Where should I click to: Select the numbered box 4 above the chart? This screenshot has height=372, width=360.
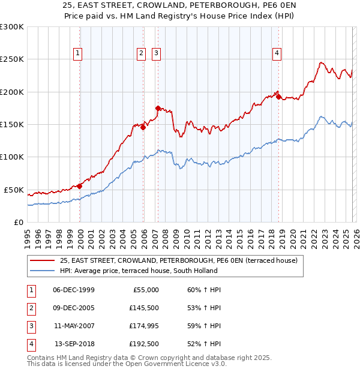(x=277, y=53)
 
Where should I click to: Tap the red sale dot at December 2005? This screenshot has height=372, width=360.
(x=143, y=127)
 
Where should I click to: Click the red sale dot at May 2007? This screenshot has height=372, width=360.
(x=158, y=108)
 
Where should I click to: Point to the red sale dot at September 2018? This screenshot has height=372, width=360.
(x=278, y=96)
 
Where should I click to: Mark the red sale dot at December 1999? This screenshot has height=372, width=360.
(x=80, y=186)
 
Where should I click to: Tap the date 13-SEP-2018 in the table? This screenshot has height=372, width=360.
(x=74, y=344)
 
